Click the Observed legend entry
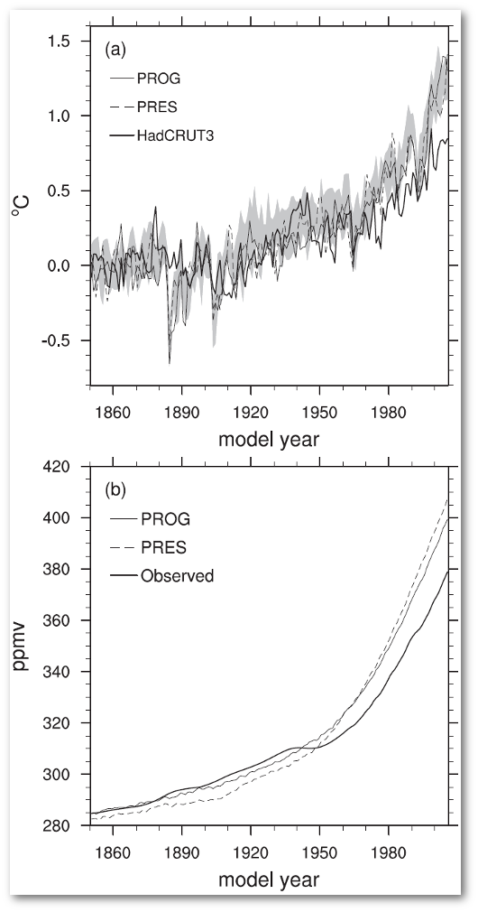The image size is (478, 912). click(x=177, y=574)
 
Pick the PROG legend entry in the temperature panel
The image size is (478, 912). click(x=159, y=78)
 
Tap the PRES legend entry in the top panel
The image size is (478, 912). click(x=159, y=106)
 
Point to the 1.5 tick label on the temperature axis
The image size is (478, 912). click(x=62, y=41)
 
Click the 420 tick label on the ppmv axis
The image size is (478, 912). click(x=61, y=467)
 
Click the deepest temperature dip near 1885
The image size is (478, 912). click(x=170, y=362)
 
